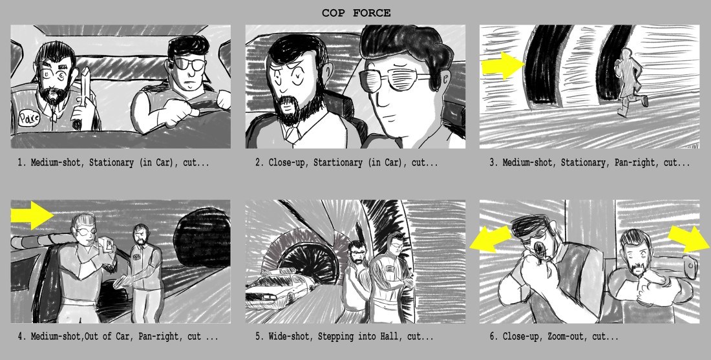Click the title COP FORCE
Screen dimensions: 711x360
356,13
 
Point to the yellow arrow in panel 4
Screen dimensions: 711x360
32,215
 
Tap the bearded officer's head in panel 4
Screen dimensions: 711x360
141,235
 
